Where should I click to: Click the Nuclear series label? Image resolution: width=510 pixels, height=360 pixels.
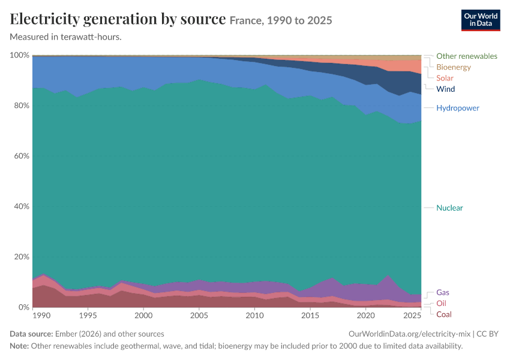point(449,208)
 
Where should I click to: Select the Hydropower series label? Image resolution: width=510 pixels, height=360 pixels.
point(458,108)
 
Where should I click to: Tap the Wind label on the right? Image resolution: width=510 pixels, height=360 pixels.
point(445,89)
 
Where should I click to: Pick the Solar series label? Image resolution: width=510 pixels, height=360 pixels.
point(445,78)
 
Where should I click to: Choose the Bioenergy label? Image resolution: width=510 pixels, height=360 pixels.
point(454,67)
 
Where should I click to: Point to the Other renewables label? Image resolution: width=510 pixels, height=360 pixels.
point(466,56)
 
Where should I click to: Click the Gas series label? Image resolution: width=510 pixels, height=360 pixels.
point(443,292)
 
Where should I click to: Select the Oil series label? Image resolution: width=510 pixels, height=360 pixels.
point(441,304)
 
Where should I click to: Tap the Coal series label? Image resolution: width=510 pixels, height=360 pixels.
point(443,314)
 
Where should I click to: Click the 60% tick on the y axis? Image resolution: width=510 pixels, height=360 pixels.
point(22,156)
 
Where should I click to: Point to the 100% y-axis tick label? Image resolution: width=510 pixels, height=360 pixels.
point(20,55)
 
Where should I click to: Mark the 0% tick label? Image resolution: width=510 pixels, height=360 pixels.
point(24,307)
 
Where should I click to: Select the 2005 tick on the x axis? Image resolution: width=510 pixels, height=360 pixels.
point(199,316)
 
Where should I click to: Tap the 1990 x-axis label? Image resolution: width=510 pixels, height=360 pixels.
point(41,316)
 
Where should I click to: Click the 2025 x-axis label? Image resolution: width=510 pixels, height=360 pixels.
point(412,316)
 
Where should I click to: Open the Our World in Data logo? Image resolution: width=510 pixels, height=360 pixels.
point(481,20)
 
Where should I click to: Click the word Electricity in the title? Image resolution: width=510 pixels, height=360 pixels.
point(44,19)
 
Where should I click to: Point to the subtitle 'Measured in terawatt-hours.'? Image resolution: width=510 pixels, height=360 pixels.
point(66,37)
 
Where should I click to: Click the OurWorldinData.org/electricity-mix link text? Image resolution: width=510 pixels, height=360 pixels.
point(409,334)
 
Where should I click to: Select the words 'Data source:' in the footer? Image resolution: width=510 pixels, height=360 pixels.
point(31,334)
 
